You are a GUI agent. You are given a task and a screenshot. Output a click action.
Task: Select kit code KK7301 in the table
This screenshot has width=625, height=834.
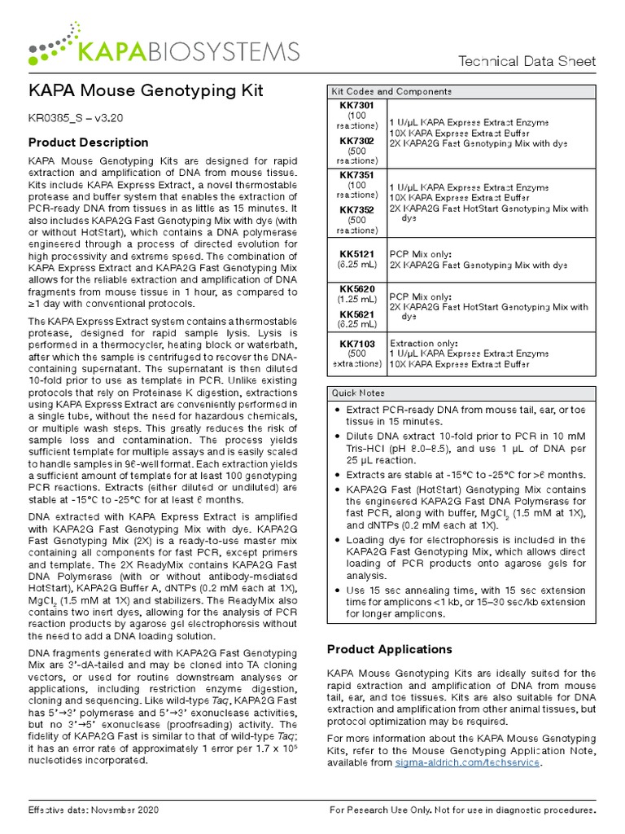click(x=357, y=106)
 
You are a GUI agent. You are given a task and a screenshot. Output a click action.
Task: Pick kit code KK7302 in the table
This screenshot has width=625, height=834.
click(x=357, y=141)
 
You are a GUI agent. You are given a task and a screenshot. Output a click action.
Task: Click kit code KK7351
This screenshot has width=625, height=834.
click(x=357, y=175)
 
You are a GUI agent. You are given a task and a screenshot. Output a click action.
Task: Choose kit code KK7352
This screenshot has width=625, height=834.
click(x=357, y=209)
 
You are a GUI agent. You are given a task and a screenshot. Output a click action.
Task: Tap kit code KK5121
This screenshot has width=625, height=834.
click(x=357, y=254)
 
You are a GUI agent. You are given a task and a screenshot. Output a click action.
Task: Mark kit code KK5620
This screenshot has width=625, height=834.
click(x=357, y=288)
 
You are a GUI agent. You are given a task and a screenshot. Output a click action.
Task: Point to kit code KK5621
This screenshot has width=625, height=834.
click(x=357, y=314)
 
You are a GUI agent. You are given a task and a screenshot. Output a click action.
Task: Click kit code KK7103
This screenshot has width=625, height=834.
click(x=357, y=345)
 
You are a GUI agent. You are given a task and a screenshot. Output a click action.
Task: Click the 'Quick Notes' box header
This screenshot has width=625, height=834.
click(x=356, y=393)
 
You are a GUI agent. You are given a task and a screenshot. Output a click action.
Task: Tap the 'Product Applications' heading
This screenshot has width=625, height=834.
click(x=389, y=649)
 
